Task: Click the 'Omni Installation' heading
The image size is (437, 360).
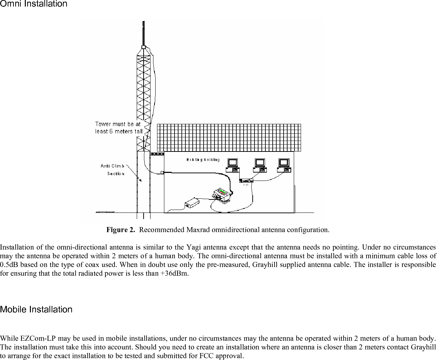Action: [x=34, y=4]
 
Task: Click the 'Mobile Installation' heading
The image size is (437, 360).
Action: [x=36, y=310]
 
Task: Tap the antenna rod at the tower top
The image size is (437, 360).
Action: [x=143, y=33]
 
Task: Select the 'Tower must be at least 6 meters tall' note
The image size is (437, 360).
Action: [x=118, y=128]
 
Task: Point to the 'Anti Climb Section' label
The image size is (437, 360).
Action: [x=113, y=170]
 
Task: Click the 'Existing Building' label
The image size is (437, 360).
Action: [x=203, y=160]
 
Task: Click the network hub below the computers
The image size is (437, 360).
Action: [x=246, y=180]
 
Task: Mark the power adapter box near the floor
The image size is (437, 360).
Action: [x=192, y=203]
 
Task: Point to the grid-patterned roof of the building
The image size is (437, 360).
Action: [x=229, y=137]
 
